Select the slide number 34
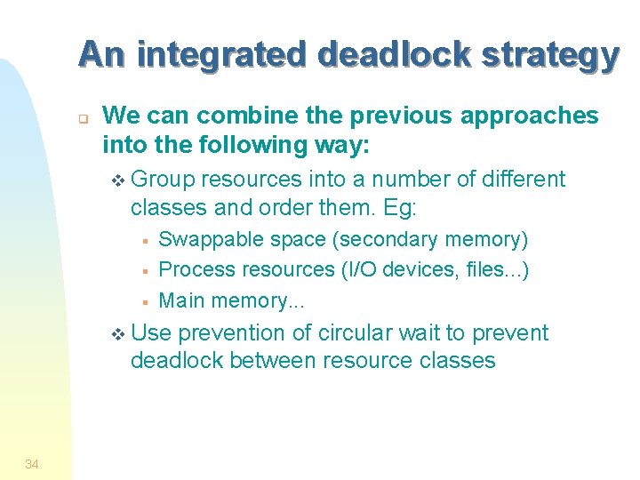click(32, 463)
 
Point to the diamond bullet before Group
click(120, 180)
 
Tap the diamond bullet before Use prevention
click(120, 334)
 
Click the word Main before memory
click(180, 300)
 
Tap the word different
click(524, 180)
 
